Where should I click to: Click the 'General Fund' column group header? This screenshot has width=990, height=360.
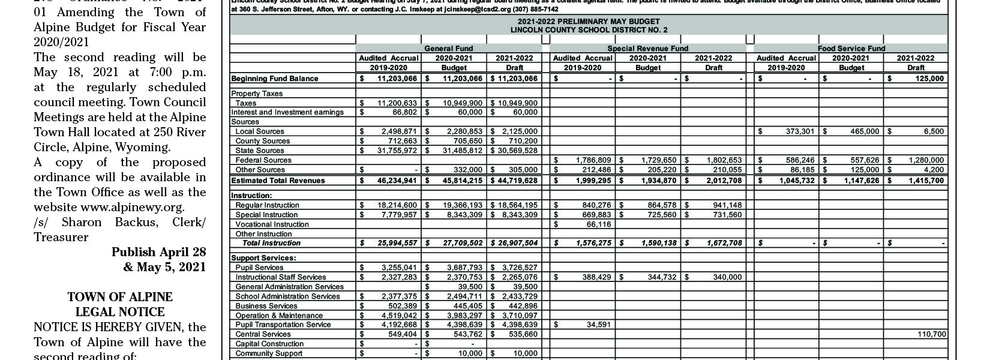click(448, 48)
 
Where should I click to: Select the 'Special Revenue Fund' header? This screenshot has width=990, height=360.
click(647, 48)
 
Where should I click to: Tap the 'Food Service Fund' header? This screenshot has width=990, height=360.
click(851, 48)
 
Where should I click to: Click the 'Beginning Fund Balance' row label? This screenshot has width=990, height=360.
click(275, 79)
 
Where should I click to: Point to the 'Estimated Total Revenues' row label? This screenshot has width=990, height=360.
click(278, 181)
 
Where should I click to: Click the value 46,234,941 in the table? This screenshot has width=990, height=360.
click(397, 181)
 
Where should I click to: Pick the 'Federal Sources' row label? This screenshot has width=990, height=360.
click(263, 160)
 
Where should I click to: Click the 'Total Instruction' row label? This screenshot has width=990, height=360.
click(271, 243)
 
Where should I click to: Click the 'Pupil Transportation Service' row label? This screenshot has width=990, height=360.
click(283, 325)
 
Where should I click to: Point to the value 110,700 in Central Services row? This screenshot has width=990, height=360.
click(931, 334)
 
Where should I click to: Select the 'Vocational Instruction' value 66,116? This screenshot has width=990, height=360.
click(598, 224)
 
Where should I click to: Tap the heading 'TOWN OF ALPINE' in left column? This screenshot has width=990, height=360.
click(119, 297)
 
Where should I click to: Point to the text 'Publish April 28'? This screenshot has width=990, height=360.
click(158, 253)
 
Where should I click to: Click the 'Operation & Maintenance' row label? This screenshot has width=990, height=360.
click(279, 316)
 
